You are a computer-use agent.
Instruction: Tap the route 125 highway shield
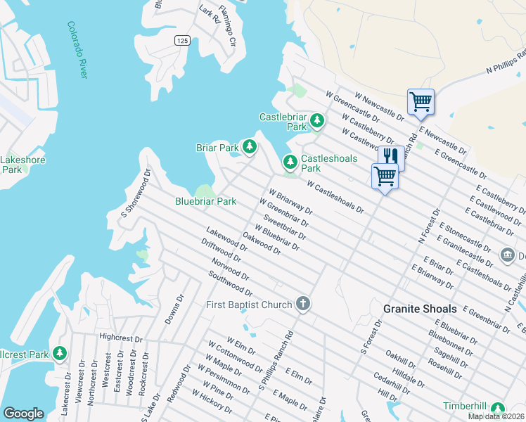pos(181,41)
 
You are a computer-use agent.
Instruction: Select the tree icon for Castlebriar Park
pos(317,121)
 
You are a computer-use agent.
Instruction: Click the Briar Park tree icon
pos(249,147)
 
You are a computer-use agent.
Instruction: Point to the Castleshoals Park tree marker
pos(290,162)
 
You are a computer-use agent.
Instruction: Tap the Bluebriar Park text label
pos(205,201)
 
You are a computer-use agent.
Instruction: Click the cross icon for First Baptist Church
pos(302,305)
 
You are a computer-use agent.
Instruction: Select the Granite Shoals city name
pos(420,309)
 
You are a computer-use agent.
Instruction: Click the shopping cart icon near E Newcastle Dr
pos(421,101)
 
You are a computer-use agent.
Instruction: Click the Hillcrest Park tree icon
pos(60,352)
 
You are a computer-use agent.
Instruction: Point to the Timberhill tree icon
pos(498,407)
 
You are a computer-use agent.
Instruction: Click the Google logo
pos(23,414)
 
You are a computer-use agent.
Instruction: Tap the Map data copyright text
pos(496,416)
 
